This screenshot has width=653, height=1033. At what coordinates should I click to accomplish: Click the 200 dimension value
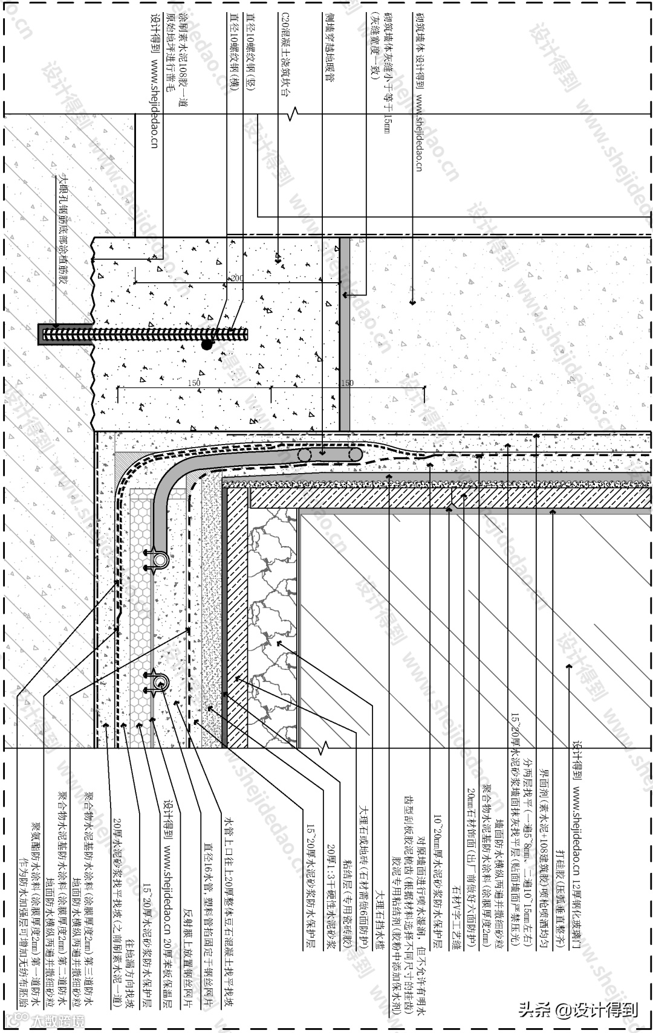[x=236, y=278]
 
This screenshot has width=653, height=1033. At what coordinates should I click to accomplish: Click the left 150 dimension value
[x=194, y=383]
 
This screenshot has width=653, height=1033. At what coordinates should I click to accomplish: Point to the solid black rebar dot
[x=207, y=344]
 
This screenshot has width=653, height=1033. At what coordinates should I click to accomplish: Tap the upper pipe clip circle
[x=160, y=560]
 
